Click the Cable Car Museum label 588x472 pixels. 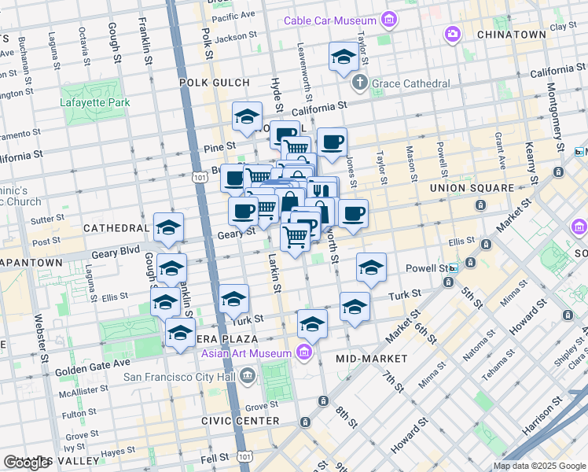[x=329, y=20]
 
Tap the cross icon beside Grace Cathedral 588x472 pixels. [x=359, y=83]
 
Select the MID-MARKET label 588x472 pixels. [x=372, y=359]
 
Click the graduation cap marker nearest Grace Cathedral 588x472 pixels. [x=344, y=57]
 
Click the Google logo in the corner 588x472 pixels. [x=26, y=463]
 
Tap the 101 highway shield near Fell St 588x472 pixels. [x=246, y=455]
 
